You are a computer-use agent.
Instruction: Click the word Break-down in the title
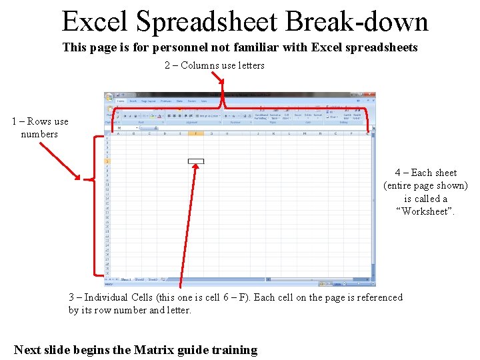pos(356,21)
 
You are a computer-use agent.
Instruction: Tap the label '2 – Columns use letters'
pos(214,65)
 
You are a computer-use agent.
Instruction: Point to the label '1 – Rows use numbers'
pos(39,127)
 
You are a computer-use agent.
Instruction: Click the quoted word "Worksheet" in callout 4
pos(425,211)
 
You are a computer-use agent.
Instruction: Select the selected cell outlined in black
pos(196,161)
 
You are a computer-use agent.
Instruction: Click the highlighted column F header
pos(196,133)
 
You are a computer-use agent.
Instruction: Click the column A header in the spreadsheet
pos(119,133)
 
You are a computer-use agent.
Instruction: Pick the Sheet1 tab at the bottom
pos(125,280)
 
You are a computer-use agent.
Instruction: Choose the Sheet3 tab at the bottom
pos(153,280)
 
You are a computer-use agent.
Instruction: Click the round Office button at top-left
pos(109,97)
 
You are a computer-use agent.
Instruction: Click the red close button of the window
pos(371,95)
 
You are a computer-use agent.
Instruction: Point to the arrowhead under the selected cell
pos(196,168)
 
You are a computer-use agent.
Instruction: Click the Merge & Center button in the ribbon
pos(209,116)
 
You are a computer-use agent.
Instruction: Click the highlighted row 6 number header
pos(107,161)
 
